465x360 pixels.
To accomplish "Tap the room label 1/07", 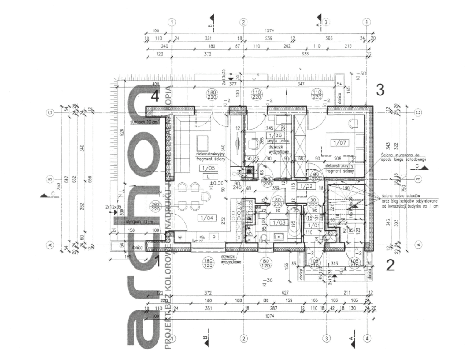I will click(x=339, y=143).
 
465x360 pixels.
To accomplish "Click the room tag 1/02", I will click(x=307, y=185).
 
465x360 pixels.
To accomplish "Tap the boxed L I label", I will click(x=207, y=176).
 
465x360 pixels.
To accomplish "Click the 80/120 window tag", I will click(x=265, y=264).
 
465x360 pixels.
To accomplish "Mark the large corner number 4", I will click(x=155, y=96).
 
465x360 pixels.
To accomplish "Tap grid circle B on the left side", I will click(x=51, y=179).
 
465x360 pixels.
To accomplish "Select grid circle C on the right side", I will click(x=419, y=112).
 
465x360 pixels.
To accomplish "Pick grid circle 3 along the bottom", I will click(x=326, y=339).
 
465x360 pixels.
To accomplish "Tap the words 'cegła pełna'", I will click(x=276, y=141).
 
